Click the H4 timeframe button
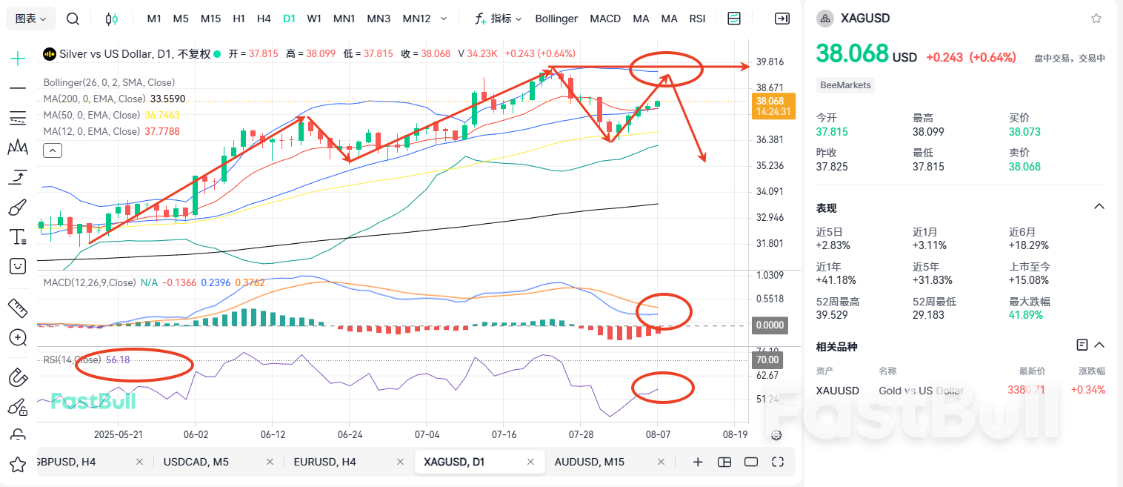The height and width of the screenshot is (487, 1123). click(x=264, y=19)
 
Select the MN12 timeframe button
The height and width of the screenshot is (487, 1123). click(x=416, y=19)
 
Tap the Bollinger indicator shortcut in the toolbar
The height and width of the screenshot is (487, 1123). click(x=556, y=19)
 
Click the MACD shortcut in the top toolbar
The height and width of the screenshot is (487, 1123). click(x=605, y=19)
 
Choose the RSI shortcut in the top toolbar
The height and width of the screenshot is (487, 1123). click(x=697, y=19)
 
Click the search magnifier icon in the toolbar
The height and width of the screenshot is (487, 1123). click(x=73, y=19)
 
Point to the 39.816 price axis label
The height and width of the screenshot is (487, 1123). click(x=770, y=62)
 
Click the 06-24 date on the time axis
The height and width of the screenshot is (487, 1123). click(x=350, y=434)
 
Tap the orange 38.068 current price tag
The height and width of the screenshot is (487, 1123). click(x=773, y=106)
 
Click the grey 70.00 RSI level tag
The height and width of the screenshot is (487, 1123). click(x=767, y=360)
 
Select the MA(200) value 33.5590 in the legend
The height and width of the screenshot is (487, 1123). click(x=167, y=99)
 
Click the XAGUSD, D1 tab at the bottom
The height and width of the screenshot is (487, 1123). click(x=454, y=462)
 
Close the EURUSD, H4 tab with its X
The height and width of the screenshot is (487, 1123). click(x=399, y=462)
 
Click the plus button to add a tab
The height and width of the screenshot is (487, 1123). click(x=697, y=462)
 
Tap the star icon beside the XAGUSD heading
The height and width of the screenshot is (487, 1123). click(x=1096, y=19)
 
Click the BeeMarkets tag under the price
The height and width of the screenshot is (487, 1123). click(x=845, y=85)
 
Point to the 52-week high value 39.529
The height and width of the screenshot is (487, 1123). click(x=833, y=314)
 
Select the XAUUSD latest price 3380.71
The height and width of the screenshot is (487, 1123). click(x=1026, y=390)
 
